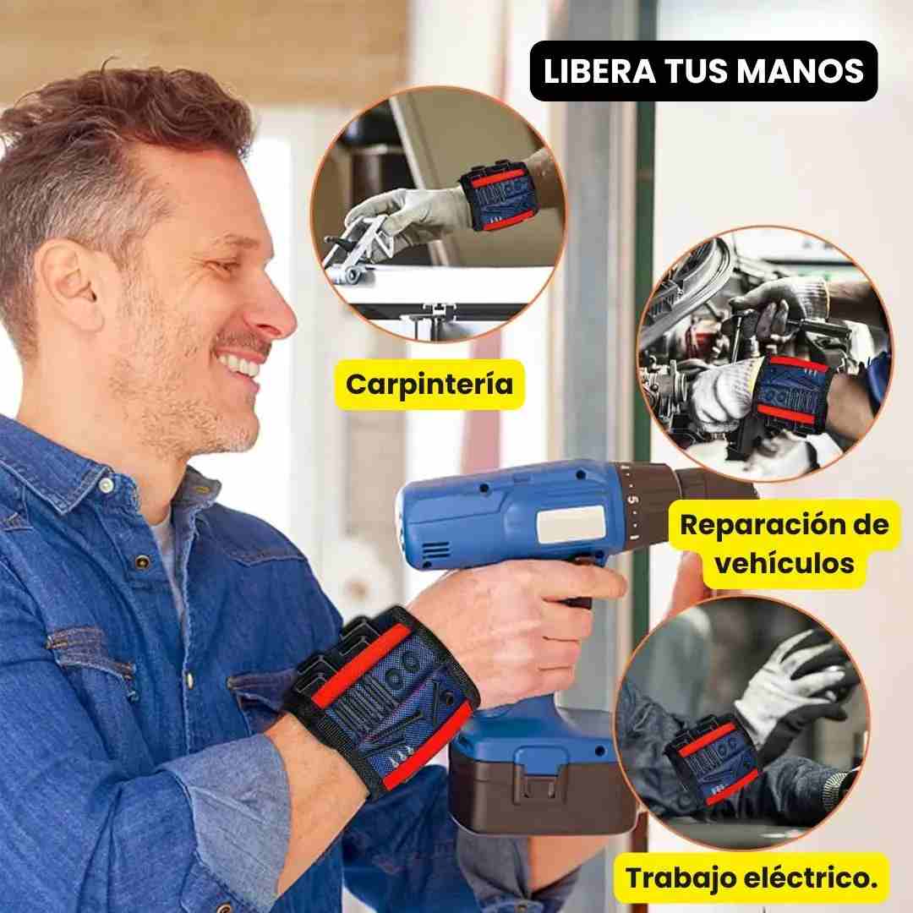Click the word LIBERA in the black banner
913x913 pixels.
593,71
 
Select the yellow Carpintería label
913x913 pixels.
429,384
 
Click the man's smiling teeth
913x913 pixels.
241,365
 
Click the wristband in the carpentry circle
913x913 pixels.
499,199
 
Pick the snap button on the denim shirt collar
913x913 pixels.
105,485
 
